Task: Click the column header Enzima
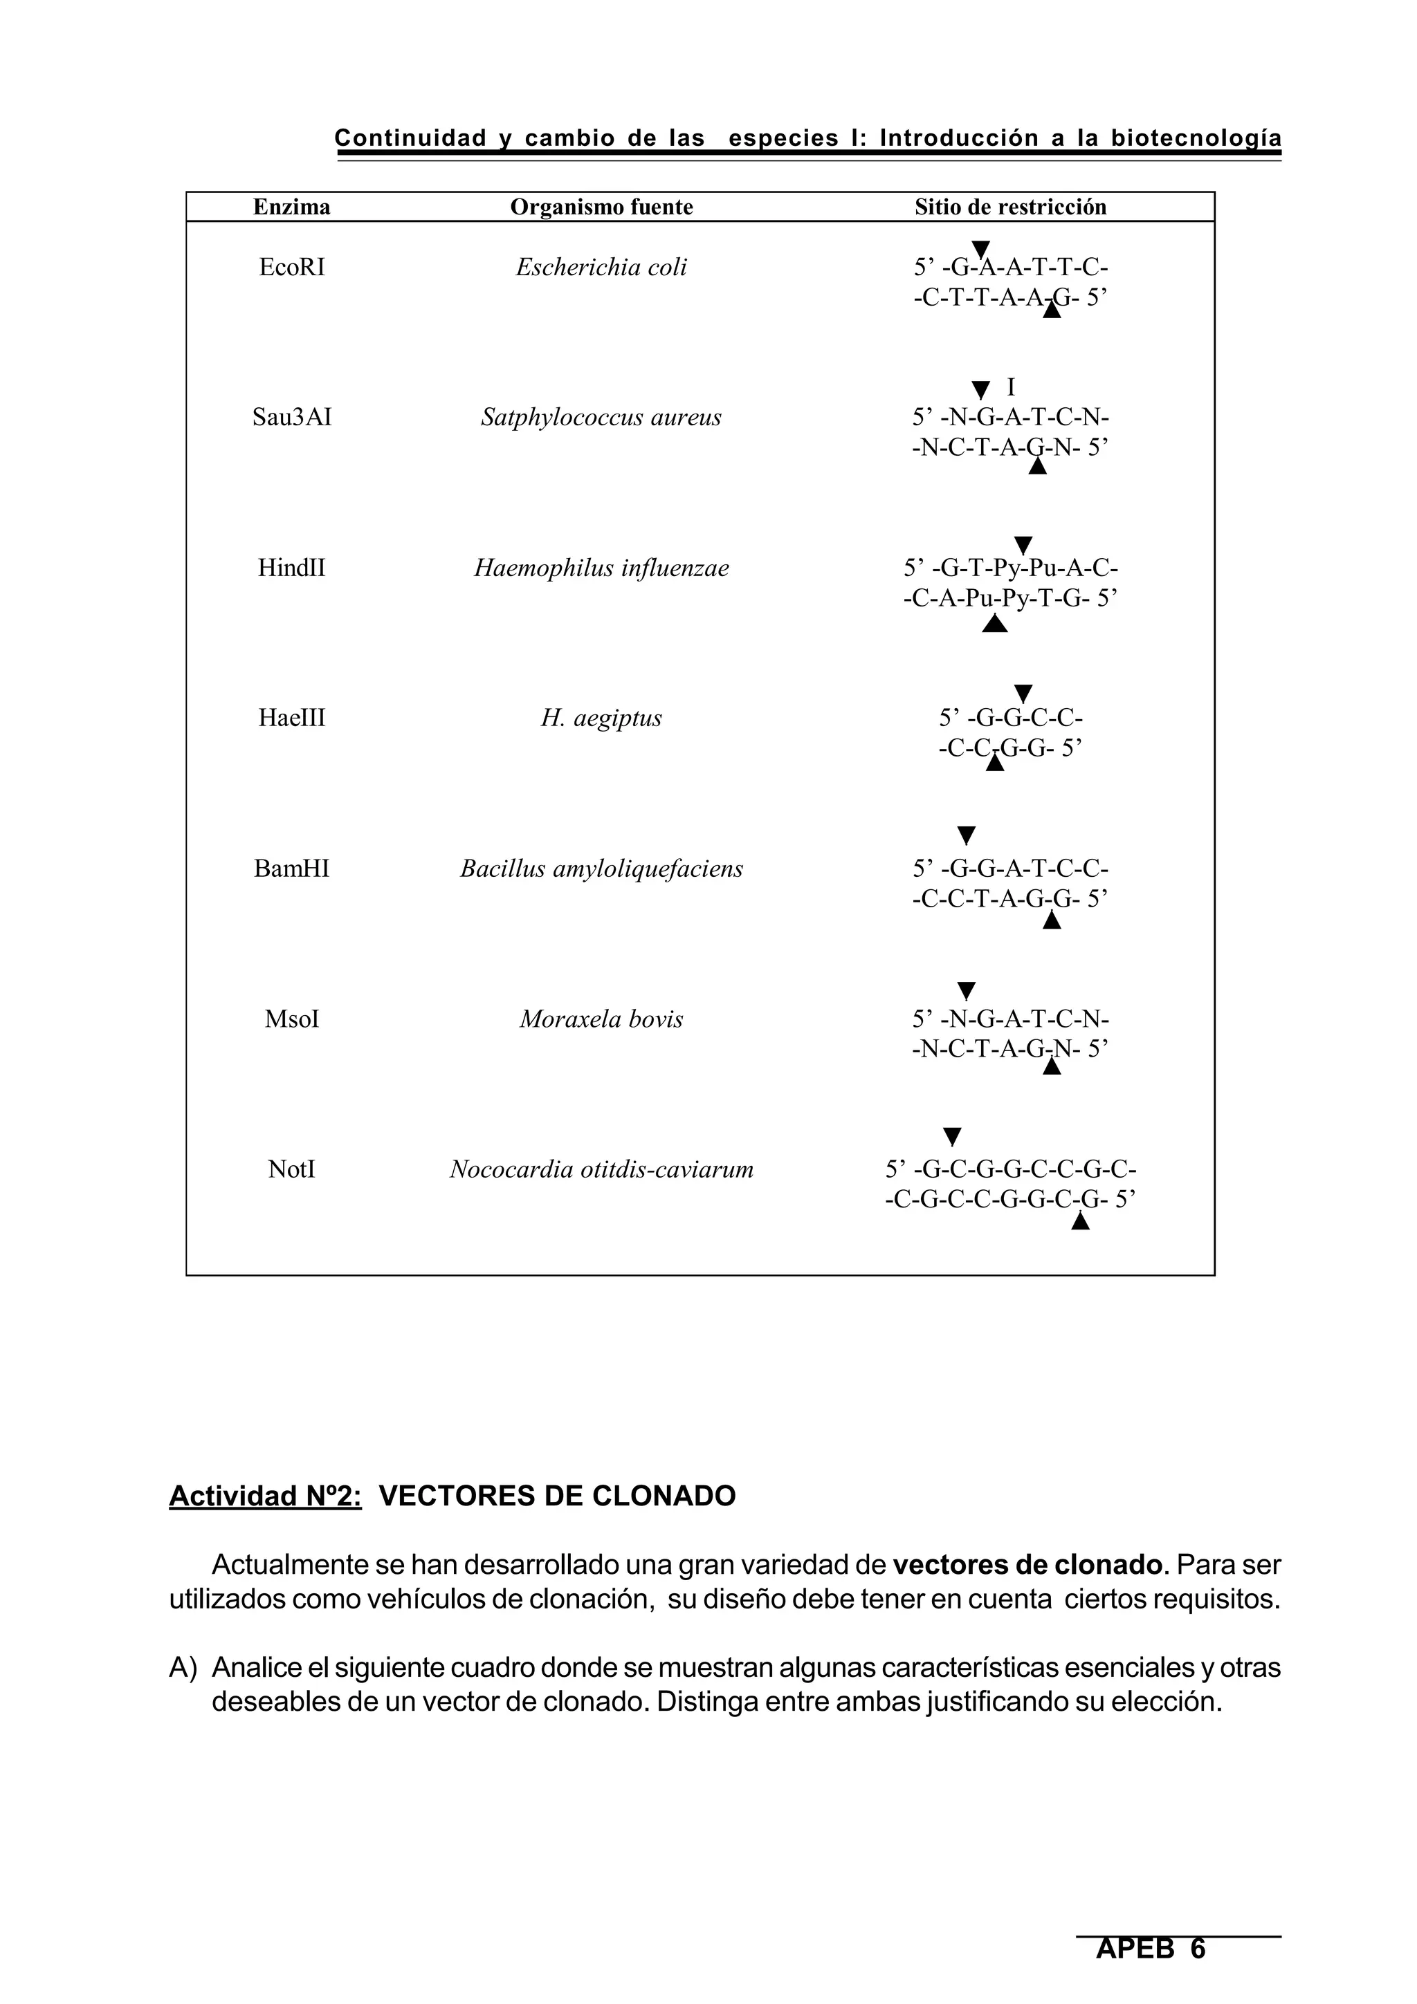(291, 207)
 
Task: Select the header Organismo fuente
(601, 207)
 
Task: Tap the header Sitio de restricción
(1010, 207)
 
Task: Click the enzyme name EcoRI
(291, 267)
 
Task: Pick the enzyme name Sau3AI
(291, 417)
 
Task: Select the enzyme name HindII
(291, 568)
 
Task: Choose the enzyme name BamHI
(291, 869)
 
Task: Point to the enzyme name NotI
(291, 1169)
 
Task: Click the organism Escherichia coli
(601, 267)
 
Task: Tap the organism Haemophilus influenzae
(601, 568)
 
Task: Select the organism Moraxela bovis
(601, 1019)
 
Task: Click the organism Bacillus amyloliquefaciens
(601, 869)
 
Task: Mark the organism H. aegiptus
(601, 718)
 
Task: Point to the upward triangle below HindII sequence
(994, 624)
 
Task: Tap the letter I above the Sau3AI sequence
(1011, 387)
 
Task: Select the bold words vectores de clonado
(1027, 1565)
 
